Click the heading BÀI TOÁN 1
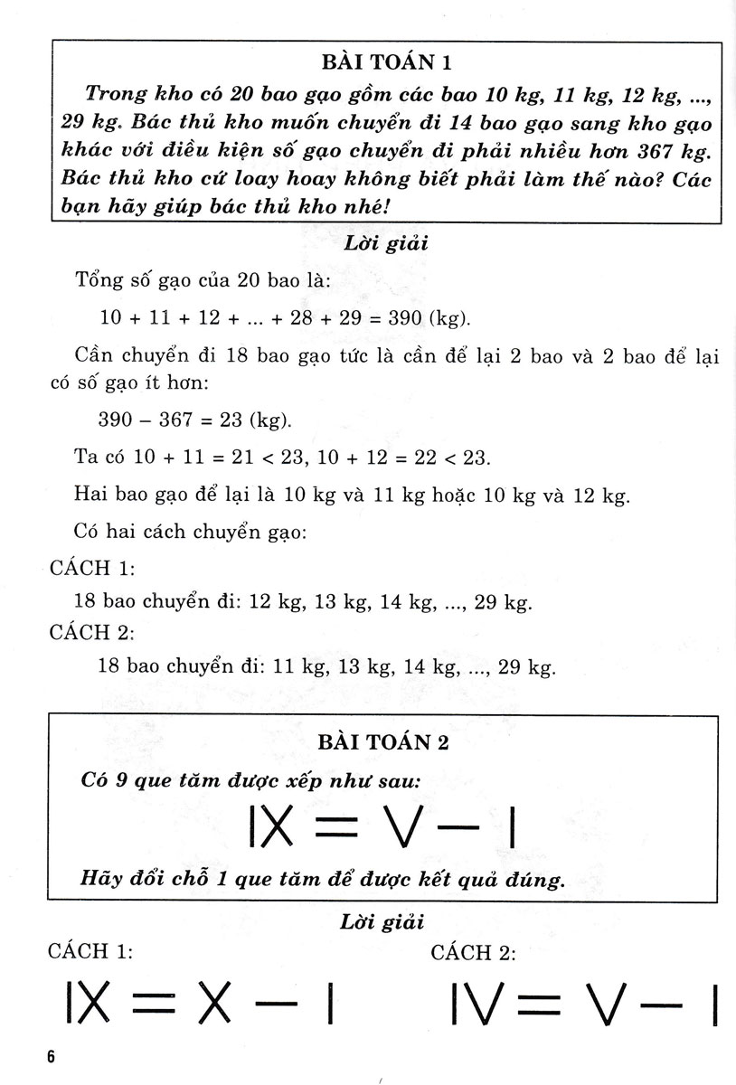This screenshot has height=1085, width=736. coord(385,63)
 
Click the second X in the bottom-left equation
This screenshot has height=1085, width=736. coord(215,1005)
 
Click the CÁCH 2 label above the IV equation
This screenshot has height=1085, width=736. coord(473,953)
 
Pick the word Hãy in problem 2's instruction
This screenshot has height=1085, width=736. coord(102,878)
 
